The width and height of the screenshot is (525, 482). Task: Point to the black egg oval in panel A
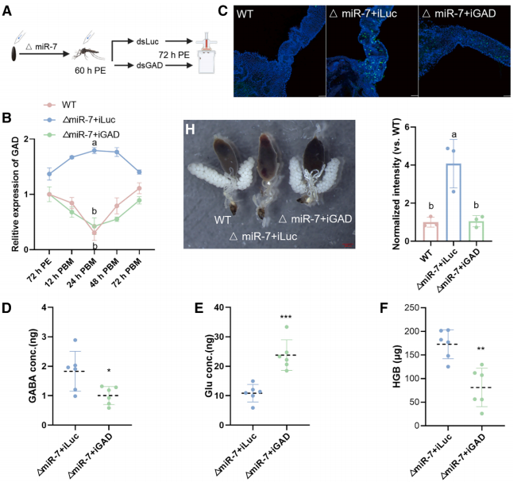click(16, 56)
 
